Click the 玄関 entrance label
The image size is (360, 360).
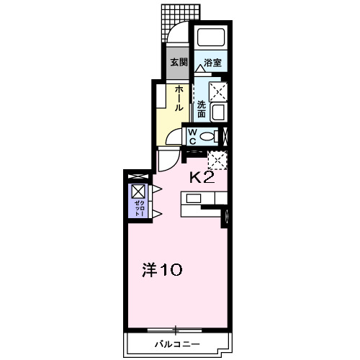tap(178, 63)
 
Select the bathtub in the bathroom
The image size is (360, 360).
tap(211, 39)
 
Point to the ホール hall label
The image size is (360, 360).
tap(176, 97)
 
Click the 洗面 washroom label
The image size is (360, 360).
tap(202, 109)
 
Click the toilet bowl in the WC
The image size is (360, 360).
tap(209, 136)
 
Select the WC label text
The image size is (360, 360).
tap(193, 136)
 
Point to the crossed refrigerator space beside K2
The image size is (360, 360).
tap(217, 160)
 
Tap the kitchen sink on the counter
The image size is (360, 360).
tap(194, 199)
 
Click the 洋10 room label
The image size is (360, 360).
tap(161, 271)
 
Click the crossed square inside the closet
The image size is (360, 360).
tap(138, 192)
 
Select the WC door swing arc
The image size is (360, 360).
tap(168, 135)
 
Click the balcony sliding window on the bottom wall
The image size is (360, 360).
tap(176, 330)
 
